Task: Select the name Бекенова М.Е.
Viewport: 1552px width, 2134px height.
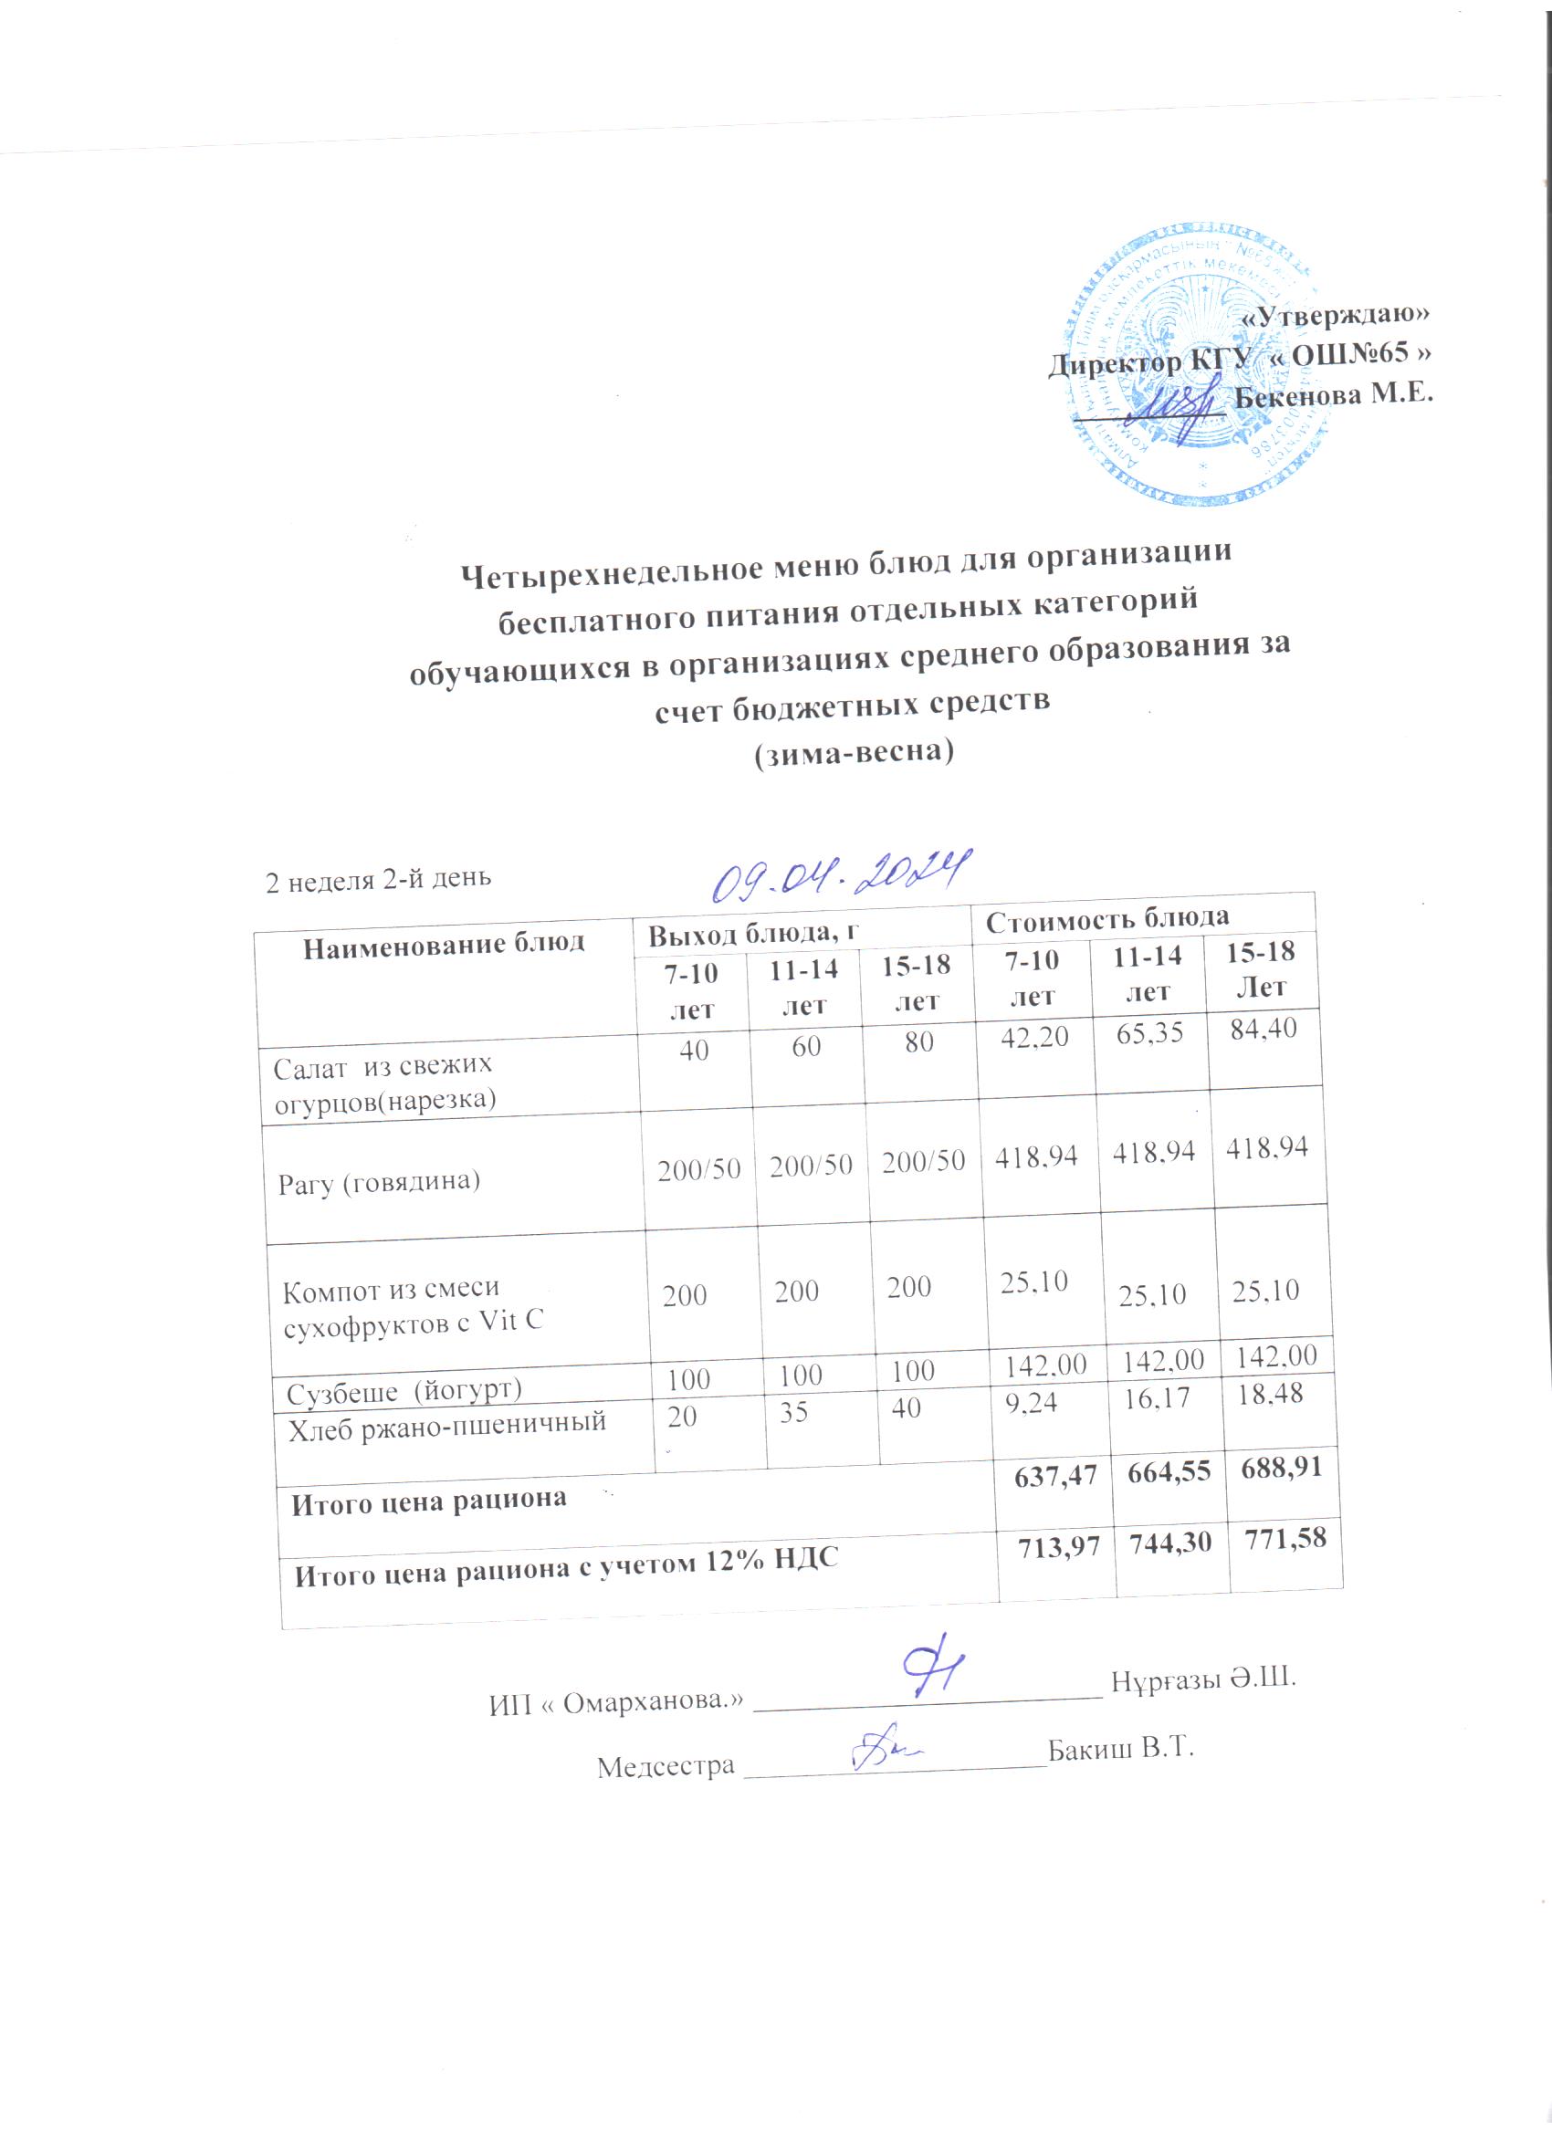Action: pos(1334,395)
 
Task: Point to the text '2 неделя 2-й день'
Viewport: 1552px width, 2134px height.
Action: pos(378,879)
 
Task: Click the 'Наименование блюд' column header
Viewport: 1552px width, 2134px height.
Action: pos(444,943)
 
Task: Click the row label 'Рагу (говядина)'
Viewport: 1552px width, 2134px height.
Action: pos(378,1181)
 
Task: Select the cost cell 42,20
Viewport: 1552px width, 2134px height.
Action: pos(1034,1037)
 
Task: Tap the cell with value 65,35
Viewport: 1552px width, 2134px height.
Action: pos(1149,1033)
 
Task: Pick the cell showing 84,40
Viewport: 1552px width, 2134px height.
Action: pos(1264,1028)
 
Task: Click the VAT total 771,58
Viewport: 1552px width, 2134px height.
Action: pos(1285,1539)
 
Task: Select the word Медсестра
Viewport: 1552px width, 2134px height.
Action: pos(666,1766)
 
